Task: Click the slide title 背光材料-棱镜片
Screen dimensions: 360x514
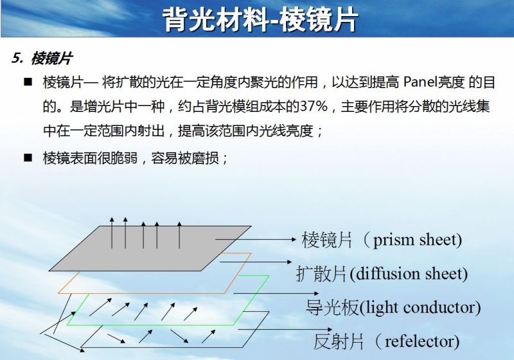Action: click(x=260, y=20)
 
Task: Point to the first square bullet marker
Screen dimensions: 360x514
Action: click(x=28, y=82)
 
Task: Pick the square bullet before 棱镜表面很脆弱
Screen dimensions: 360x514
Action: click(x=28, y=157)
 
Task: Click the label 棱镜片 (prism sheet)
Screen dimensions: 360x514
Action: click(x=382, y=240)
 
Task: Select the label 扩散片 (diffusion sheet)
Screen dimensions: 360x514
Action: click(x=382, y=274)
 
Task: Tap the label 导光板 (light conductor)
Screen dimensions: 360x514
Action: click(x=393, y=307)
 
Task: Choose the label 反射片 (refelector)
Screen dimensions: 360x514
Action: click(x=386, y=341)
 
